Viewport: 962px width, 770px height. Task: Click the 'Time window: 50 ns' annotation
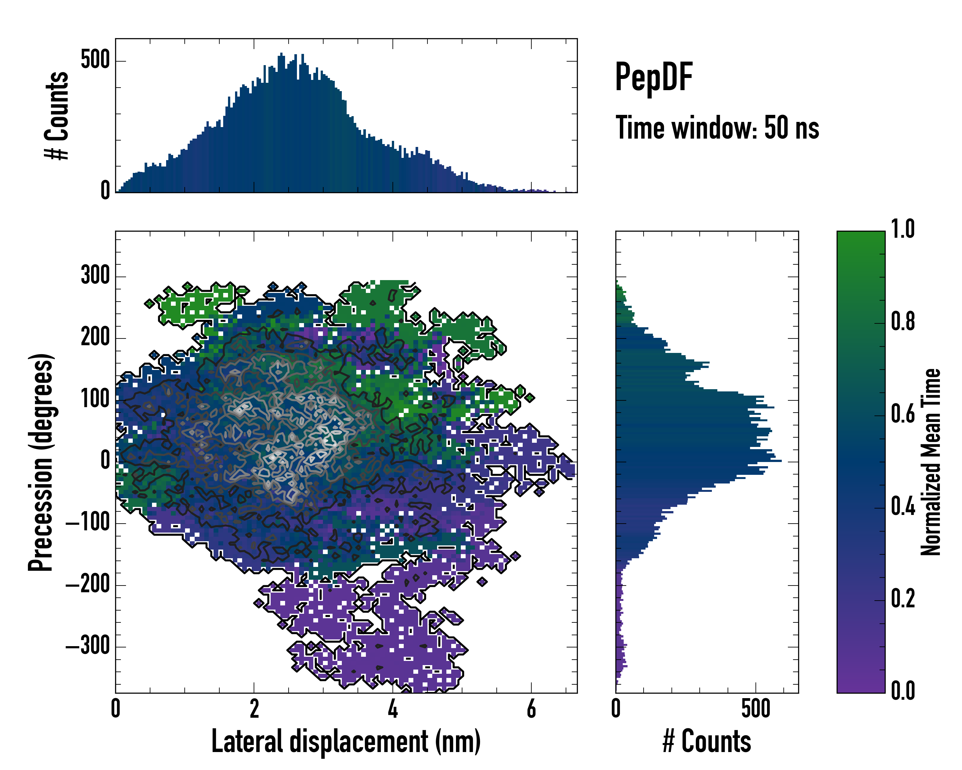pyautogui.click(x=717, y=128)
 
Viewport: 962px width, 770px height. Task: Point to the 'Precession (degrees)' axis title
pyautogui.click(x=41, y=462)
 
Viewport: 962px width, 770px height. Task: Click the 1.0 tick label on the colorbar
pyautogui.click(x=903, y=229)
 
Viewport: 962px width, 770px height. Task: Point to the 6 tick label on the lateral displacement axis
pyautogui.click(x=531, y=709)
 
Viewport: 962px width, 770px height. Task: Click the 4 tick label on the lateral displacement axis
pyautogui.click(x=392, y=709)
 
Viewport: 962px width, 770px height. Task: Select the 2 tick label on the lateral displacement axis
pyautogui.click(x=254, y=709)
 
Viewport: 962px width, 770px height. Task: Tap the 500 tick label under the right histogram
pyautogui.click(x=756, y=709)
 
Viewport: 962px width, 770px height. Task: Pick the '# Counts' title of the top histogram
pyautogui.click(x=57, y=116)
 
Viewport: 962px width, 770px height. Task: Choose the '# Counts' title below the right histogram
pyautogui.click(x=707, y=741)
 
